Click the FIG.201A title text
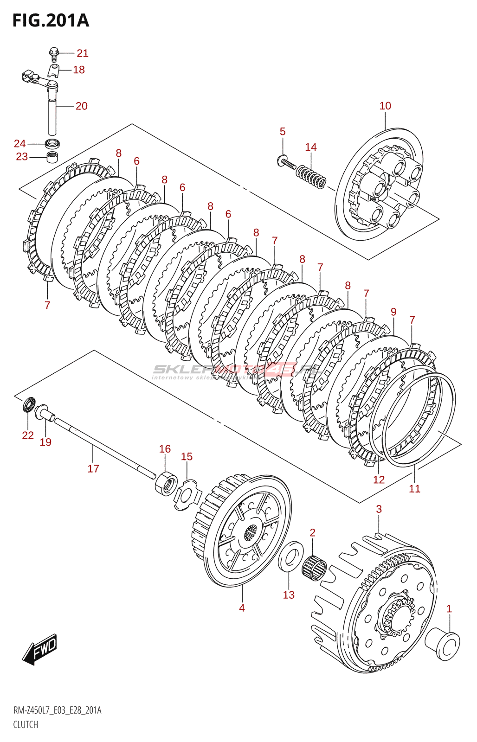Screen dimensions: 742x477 [51, 21]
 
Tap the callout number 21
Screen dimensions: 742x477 [83, 53]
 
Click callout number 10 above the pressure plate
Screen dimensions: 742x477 [385, 106]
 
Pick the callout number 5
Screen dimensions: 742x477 [283, 132]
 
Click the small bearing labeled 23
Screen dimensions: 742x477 [52, 157]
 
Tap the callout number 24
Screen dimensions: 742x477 [19, 143]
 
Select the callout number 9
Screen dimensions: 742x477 [393, 312]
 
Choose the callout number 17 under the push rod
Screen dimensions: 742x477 [93, 469]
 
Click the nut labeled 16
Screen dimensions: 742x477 [166, 483]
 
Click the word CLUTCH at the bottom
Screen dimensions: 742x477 [26, 724]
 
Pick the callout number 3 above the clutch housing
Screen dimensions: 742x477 [379, 509]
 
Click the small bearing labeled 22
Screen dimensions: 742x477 [29, 405]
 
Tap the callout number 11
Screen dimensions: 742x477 [414, 489]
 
